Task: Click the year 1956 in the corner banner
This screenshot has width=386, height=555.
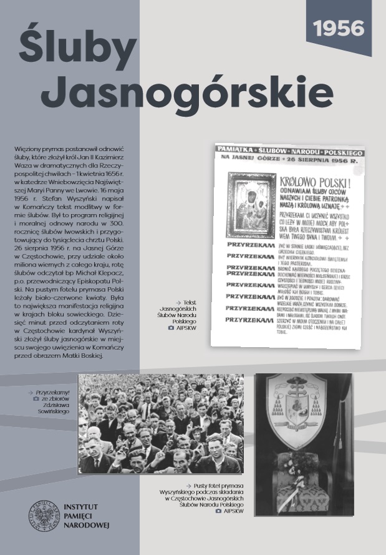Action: tap(339, 27)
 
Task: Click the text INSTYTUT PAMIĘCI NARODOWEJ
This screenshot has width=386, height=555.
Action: tap(87, 514)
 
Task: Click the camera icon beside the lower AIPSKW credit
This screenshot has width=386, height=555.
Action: tap(218, 511)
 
